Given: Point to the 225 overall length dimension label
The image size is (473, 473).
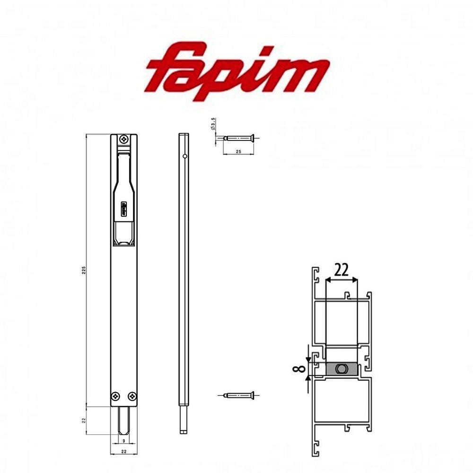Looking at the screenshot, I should pyautogui.click(x=84, y=270).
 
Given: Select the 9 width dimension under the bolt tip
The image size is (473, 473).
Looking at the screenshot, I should pyautogui.click(x=123, y=441).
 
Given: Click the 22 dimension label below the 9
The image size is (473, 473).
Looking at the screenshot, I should pyautogui.click(x=123, y=451).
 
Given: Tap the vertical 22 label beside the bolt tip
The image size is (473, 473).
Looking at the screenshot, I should pyautogui.click(x=84, y=420).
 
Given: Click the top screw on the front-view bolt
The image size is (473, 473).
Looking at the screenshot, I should pyautogui.click(x=124, y=139).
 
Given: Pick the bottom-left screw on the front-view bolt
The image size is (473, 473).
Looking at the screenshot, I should pyautogui.click(x=115, y=396).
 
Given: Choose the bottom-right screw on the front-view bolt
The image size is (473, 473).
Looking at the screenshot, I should pyautogui.click(x=132, y=396).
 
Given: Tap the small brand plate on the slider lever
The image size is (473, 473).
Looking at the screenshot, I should pyautogui.click(x=123, y=208).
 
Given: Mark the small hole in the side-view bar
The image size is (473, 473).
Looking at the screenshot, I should pyautogui.click(x=186, y=156).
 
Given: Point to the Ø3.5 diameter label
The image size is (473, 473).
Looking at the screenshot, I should pyautogui.click(x=213, y=125).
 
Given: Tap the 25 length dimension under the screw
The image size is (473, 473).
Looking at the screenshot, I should pyautogui.click(x=239, y=150).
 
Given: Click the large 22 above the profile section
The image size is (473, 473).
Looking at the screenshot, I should pyautogui.click(x=342, y=270).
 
